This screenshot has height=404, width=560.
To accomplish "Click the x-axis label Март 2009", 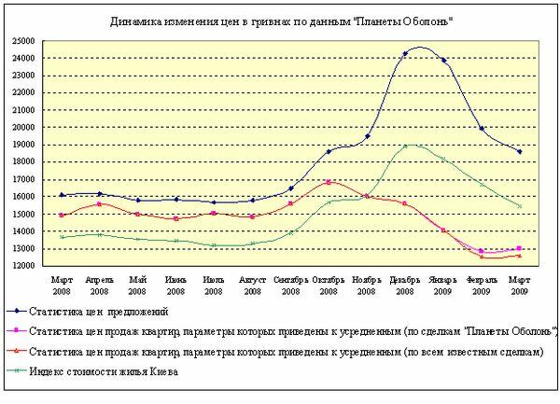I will tap(520, 284).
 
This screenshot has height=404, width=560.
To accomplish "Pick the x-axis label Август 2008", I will tap(252, 284).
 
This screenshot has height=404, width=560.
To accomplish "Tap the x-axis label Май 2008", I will tap(137, 284).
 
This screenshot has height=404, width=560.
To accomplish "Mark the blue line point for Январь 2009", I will tap(443, 61).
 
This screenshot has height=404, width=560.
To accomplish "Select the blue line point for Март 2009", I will tap(520, 151).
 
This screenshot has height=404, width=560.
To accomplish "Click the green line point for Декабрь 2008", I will tap(405, 146).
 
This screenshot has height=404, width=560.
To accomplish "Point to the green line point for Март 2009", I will tap(520, 206).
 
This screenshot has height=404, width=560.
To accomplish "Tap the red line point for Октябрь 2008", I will tap(329, 182).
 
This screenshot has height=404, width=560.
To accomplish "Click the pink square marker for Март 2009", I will tap(520, 248).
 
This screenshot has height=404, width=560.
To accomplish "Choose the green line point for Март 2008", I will tap(62, 237).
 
